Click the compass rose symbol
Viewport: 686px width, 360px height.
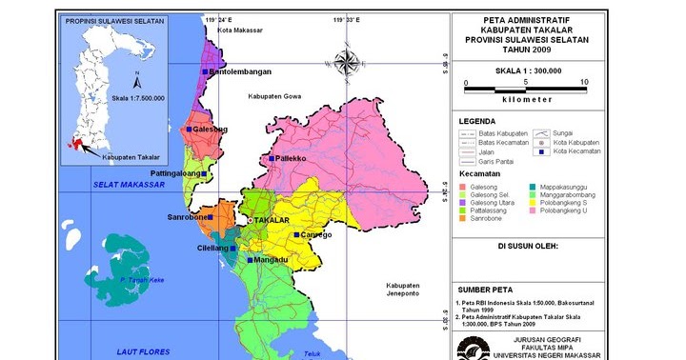[x=346, y=64]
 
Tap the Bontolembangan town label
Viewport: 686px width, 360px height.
[x=240, y=71]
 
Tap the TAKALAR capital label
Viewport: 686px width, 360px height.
[x=272, y=220]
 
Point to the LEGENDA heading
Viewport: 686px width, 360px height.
[x=476, y=122]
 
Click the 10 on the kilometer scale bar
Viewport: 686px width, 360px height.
[x=584, y=83]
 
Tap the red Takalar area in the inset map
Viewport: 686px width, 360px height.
[x=77, y=145]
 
